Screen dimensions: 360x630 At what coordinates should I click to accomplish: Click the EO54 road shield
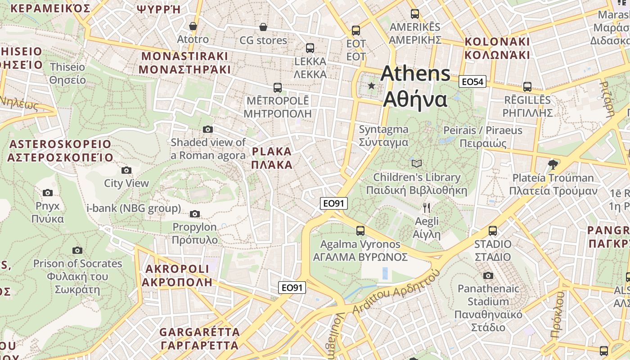(472, 82)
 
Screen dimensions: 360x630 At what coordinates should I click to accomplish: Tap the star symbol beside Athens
(371, 85)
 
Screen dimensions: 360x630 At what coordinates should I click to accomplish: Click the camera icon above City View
(126, 170)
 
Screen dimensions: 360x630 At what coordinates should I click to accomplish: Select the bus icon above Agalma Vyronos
(360, 231)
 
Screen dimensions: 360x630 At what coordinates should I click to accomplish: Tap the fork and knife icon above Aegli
(427, 208)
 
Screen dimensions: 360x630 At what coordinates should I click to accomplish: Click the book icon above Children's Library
(417, 163)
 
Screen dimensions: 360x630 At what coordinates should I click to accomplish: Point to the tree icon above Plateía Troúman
(553, 164)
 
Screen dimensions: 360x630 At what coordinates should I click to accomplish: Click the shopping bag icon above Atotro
(193, 26)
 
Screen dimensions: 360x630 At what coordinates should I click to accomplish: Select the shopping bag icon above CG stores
(263, 27)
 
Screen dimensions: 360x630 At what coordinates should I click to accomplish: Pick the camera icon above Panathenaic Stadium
(488, 275)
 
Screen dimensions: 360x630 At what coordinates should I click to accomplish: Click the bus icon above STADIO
(493, 231)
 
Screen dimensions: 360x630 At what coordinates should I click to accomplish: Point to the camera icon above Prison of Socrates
(77, 250)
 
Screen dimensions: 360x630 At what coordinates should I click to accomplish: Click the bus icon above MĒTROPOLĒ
(278, 87)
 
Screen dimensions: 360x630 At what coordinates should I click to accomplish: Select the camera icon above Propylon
(195, 214)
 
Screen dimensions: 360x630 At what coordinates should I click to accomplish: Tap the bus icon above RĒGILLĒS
(527, 86)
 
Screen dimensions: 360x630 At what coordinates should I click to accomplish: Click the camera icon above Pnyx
(48, 193)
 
